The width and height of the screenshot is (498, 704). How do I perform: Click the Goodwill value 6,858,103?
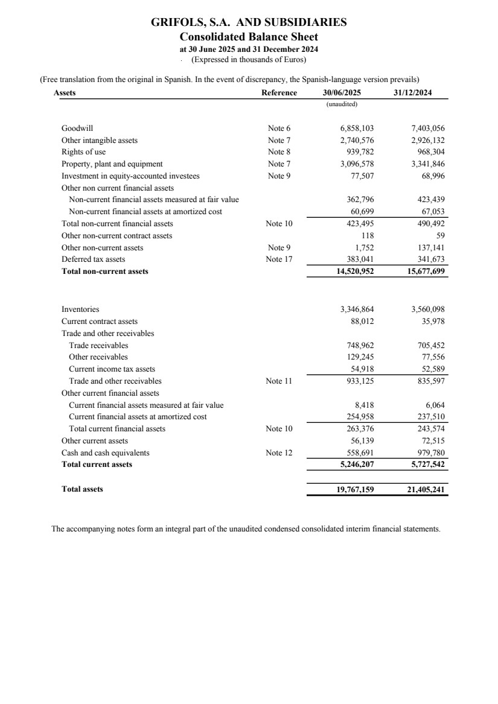[x=357, y=128]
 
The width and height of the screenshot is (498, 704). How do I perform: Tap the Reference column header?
[x=279, y=93]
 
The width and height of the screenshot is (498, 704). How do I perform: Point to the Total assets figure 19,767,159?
[x=355, y=489]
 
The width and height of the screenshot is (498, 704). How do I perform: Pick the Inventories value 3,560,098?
[x=428, y=309]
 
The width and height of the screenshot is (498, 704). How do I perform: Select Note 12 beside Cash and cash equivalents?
[x=279, y=452]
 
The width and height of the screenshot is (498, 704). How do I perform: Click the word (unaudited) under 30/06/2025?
[x=342, y=104]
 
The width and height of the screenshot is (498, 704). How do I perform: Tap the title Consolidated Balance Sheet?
[x=249, y=37]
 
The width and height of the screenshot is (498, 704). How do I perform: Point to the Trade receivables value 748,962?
[x=361, y=346]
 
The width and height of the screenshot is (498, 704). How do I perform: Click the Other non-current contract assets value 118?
[x=368, y=235]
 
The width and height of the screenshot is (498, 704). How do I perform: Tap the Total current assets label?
[x=97, y=465]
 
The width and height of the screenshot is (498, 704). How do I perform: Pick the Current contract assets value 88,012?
[x=363, y=322]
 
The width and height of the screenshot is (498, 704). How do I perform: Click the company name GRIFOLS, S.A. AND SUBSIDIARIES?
[x=249, y=23]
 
